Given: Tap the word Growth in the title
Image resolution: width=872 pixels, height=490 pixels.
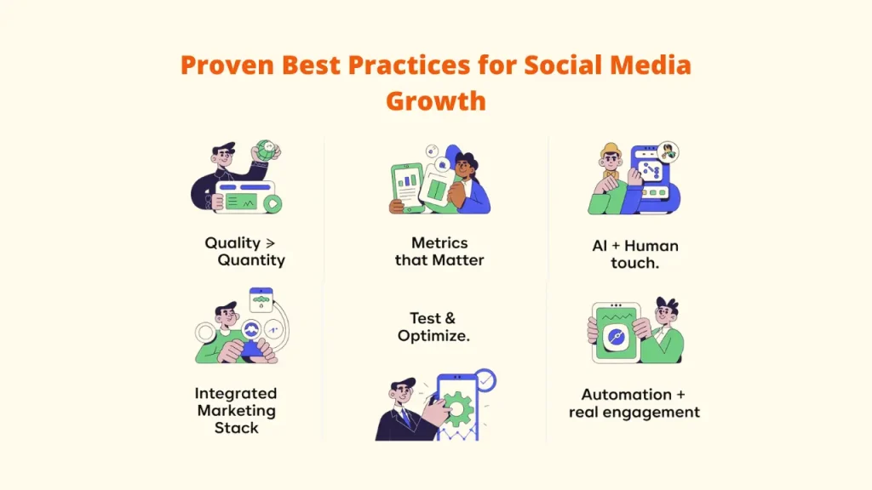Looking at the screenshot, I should (435, 100).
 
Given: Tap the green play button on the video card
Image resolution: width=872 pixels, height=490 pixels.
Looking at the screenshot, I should (271, 202).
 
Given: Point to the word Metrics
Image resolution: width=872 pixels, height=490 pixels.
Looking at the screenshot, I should (439, 243).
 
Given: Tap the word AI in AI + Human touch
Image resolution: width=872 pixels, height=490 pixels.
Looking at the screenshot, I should (600, 246).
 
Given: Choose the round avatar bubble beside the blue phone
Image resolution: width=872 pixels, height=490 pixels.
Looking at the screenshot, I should (668, 152).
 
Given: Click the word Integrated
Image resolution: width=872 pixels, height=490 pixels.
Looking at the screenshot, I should (235, 393).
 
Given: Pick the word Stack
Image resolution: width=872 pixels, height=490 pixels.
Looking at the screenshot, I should (236, 428).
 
